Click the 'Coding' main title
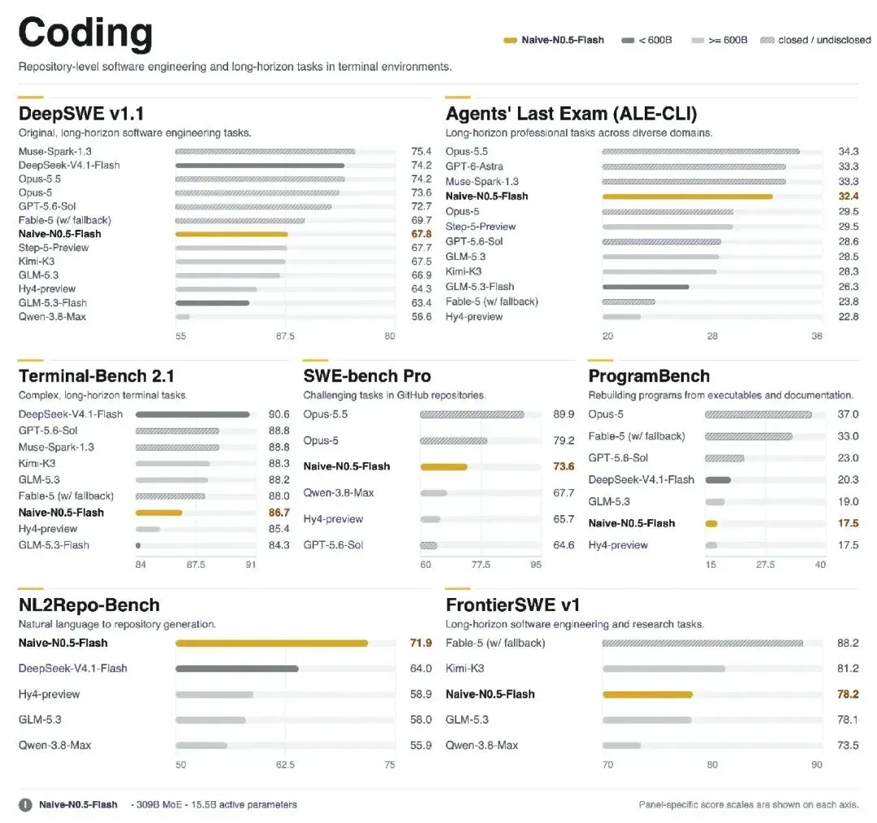[85, 33]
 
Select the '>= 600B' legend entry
[719, 41]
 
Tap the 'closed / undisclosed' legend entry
[815, 41]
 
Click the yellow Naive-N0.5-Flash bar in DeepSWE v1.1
[231, 234]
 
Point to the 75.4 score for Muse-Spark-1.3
[421, 152]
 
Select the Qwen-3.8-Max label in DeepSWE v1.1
[52, 317]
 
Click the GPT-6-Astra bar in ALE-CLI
[694, 167]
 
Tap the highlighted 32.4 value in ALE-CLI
[848, 197]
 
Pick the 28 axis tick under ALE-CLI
[712, 336]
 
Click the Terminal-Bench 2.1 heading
[96, 376]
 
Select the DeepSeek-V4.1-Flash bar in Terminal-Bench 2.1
[192, 414]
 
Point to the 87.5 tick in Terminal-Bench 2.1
[196, 565]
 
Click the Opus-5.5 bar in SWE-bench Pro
[472, 414]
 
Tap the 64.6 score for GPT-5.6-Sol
[564, 545]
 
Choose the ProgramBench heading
[649, 376]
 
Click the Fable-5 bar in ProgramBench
[749, 436]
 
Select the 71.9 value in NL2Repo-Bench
[421, 643]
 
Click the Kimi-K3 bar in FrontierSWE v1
[664, 669]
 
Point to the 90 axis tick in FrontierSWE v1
[817, 765]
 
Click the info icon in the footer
[25, 805]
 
